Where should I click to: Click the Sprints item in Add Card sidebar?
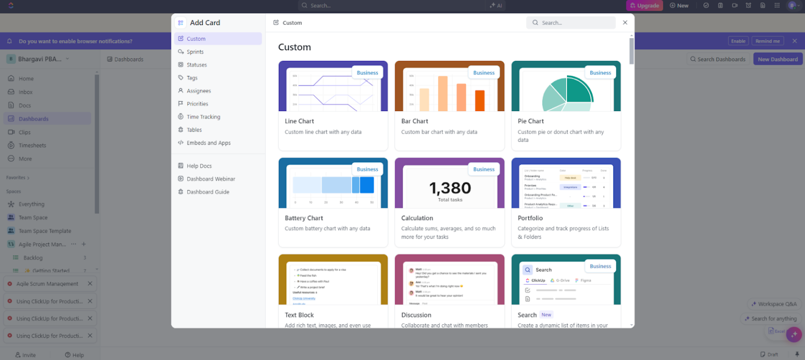coord(195,52)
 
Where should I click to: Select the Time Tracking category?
coord(203,117)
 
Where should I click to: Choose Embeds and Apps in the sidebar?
coord(208,143)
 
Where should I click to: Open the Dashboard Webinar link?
coord(211,179)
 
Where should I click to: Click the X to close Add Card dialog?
coord(625,23)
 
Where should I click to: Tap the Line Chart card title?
coord(299,121)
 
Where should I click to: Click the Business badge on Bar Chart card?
coord(483,73)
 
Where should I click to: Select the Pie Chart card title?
coord(530,121)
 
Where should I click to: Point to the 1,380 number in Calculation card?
coord(450,188)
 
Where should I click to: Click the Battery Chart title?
coord(303,218)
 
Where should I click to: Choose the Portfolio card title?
coord(530,218)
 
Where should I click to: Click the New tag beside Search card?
coord(546,315)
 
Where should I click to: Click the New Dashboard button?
coord(777,59)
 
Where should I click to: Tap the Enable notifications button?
coord(738,41)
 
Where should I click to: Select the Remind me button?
coord(767,41)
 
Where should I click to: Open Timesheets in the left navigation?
coord(32,145)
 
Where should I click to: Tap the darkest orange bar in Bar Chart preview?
coord(480,100)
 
